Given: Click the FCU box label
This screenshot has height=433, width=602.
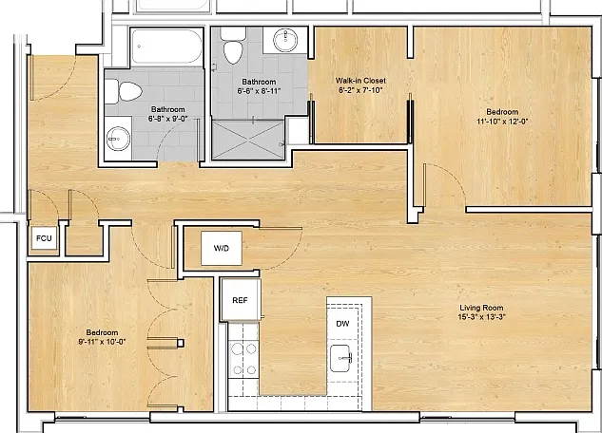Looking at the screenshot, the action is click(44, 238).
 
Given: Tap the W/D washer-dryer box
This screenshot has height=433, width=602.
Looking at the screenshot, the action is click(222, 248).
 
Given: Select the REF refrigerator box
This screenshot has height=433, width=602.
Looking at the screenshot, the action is click(241, 300).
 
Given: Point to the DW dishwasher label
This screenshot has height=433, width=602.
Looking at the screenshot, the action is click(342, 324).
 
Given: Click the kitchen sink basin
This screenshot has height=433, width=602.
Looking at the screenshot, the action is click(340, 358).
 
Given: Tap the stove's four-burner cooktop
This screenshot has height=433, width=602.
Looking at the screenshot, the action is click(243, 360).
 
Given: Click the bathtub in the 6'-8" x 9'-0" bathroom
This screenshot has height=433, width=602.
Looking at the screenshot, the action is click(166, 47).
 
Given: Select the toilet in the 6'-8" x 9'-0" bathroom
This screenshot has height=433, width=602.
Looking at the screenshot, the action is click(124, 91).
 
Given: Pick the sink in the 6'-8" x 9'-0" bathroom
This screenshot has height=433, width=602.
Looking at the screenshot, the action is click(118, 138).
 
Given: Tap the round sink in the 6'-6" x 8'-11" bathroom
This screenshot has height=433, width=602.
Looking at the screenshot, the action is click(285, 40).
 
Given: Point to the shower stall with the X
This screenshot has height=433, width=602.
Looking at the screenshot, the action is click(248, 140).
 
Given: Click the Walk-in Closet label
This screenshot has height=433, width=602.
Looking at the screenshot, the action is click(360, 81).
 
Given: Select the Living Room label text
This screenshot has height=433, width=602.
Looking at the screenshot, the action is click(481, 308).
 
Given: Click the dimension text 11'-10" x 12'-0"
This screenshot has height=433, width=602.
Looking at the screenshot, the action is click(502, 122).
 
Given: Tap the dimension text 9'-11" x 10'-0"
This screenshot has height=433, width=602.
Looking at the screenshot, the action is click(102, 342).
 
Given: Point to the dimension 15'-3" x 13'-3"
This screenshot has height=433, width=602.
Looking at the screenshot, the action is click(482, 317).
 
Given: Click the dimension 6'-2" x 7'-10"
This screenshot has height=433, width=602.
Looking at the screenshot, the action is click(360, 90).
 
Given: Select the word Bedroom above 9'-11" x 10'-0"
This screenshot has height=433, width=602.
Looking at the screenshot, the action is click(102, 332).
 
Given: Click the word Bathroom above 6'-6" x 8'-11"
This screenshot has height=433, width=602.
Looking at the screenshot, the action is click(259, 82).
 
